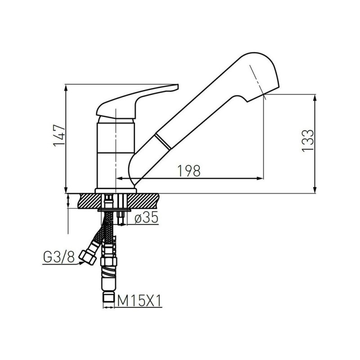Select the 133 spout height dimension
pyautogui.click(x=308, y=140)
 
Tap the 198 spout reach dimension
pyautogui.click(x=189, y=171)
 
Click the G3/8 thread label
pyautogui.click(x=59, y=258)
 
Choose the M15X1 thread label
pyautogui.click(x=139, y=301)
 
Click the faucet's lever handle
pyautogui.click(x=137, y=102)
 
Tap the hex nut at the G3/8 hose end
pyautogui.click(x=87, y=258)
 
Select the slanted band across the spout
pyautogui.click(x=163, y=142)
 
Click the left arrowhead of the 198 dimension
pyautogui.click(x=120, y=178)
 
